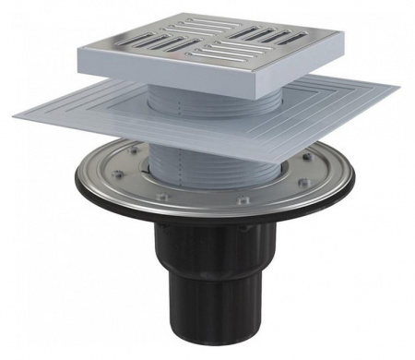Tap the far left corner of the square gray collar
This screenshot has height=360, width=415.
tap(13, 113)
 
